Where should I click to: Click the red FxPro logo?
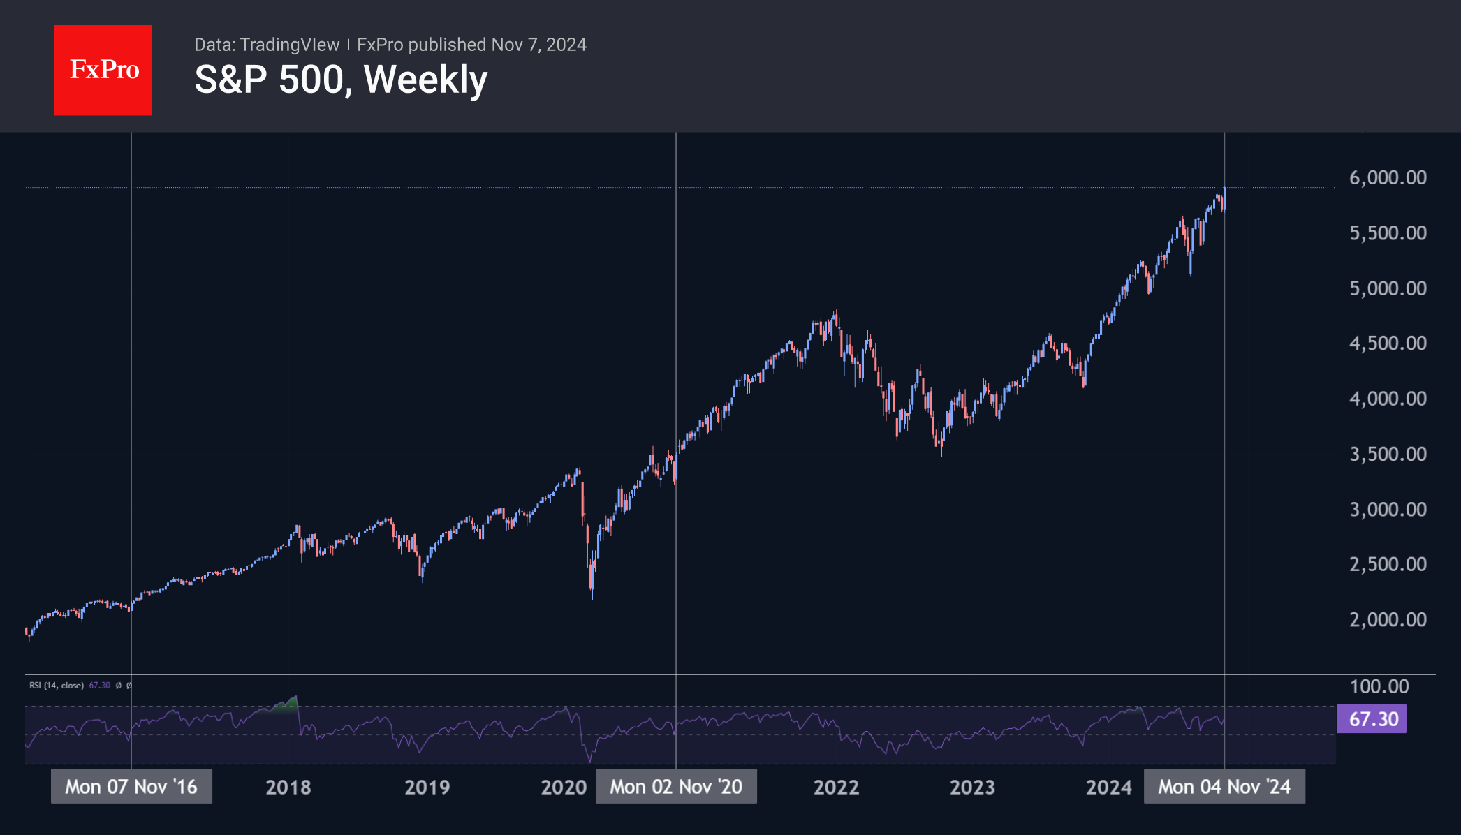click(103, 70)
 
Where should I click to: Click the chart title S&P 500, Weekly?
click(341, 80)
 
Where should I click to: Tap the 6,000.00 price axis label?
click(1388, 178)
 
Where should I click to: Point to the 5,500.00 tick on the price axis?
click(1388, 233)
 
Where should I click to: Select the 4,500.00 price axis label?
click(1388, 343)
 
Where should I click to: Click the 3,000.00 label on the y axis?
click(1388, 510)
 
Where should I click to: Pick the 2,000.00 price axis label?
click(1388, 620)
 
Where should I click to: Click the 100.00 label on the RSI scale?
click(1379, 687)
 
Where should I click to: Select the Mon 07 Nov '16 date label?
click(131, 787)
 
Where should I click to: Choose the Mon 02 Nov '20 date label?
click(676, 787)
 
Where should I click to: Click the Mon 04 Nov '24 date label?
click(1224, 787)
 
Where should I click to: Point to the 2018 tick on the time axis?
click(288, 788)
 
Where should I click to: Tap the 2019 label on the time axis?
click(427, 788)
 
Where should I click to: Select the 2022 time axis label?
click(836, 788)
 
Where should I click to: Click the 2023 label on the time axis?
click(972, 788)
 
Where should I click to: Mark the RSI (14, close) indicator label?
click(57, 686)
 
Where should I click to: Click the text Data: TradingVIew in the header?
click(267, 45)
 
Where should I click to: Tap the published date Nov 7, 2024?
click(538, 45)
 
